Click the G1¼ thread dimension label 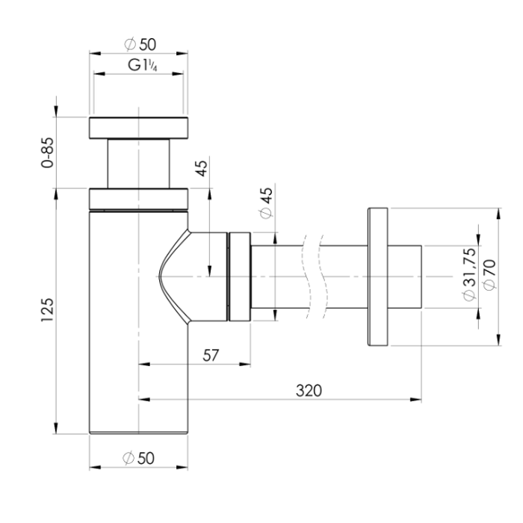[143, 65]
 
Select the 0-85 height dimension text [47, 152]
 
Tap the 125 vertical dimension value [47, 310]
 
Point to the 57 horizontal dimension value [211, 356]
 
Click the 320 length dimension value [309, 391]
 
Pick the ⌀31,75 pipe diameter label [469, 274]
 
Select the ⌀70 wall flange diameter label [490, 275]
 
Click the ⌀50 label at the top [140, 44]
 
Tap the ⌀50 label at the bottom [139, 458]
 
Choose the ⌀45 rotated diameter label [266, 203]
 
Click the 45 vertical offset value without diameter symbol [202, 169]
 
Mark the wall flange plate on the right [378, 277]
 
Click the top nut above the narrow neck [138, 128]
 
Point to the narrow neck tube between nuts [138, 164]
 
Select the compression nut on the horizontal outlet [240, 277]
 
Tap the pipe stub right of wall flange [405, 277]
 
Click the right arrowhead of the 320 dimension [416, 399]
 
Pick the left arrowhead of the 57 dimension [144, 365]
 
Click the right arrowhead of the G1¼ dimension [178, 74]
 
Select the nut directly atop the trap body [138, 199]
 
